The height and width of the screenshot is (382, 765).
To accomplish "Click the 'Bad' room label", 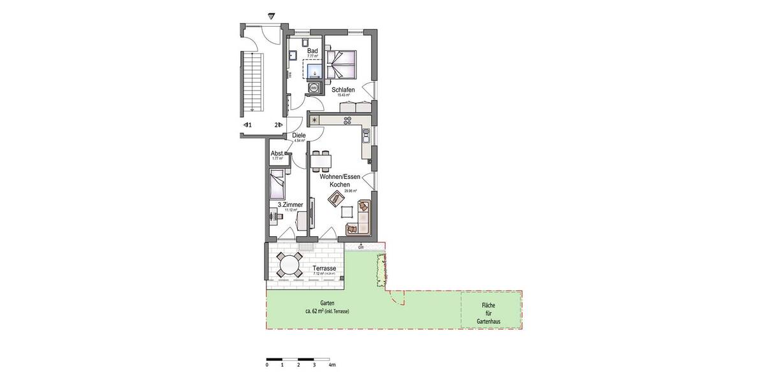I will coord(312,51).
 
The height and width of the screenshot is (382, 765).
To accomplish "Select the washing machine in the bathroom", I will coord(314,87).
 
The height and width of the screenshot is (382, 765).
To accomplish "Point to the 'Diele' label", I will coord(298,136).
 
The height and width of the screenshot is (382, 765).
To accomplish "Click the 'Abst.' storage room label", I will coord(277,153).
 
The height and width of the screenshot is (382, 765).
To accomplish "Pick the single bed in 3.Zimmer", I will coord(277,185).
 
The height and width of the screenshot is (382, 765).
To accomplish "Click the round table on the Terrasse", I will coord(290,264).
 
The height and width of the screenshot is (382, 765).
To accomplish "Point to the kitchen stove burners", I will coord(347,120).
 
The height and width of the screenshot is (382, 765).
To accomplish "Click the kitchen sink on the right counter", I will coord(365,136).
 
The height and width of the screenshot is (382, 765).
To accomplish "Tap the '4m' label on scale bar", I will coord(331,366).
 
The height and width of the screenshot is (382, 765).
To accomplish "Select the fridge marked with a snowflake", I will coord(314,120).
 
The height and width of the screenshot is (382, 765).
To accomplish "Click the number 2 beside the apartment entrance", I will coord(277,125).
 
